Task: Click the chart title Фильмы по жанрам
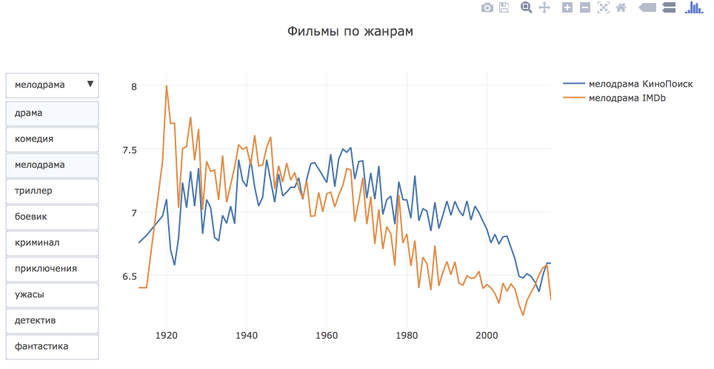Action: pos(350,32)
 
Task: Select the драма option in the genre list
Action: pos(52,113)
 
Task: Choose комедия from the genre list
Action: pos(52,139)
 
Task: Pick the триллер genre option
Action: pos(52,190)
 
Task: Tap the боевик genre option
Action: pos(52,216)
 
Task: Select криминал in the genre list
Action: pos(52,242)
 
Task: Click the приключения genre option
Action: pos(52,268)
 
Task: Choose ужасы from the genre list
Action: pos(52,294)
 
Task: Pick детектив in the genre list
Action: pos(52,320)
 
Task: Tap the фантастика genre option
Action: pos(52,346)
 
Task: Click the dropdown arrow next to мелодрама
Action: pos(90,84)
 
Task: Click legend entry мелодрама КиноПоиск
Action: pos(639,84)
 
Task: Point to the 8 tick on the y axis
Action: pos(134,87)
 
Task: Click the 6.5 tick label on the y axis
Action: pos(130,276)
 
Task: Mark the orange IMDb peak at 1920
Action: pos(167,86)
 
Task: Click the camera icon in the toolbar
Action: pos(487,7)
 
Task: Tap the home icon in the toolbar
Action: pos(621,7)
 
